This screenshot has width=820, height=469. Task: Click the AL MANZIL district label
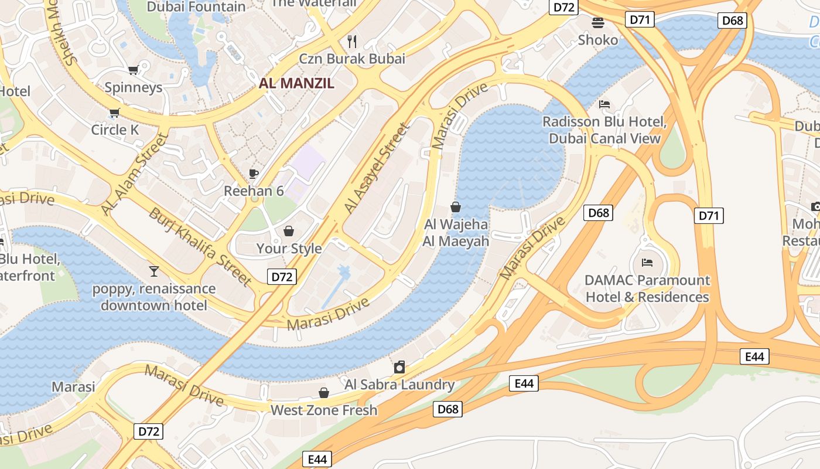pyautogui.click(x=296, y=83)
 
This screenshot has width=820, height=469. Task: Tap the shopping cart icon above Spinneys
pyautogui.click(x=133, y=70)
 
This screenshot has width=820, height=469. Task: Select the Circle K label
pyautogui.click(x=115, y=130)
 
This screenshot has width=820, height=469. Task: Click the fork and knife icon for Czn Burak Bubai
pyautogui.click(x=352, y=41)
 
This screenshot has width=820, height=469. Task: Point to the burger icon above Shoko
pyautogui.click(x=598, y=23)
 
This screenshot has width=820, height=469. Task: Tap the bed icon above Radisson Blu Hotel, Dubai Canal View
pyautogui.click(x=604, y=104)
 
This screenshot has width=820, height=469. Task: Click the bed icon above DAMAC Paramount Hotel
pyautogui.click(x=647, y=262)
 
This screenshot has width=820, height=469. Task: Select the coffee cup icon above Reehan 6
pyautogui.click(x=254, y=174)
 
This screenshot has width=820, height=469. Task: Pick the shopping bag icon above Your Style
pyautogui.click(x=289, y=231)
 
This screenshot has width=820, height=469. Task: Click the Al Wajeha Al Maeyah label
pyautogui.click(x=456, y=232)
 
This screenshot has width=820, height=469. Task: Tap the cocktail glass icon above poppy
pyautogui.click(x=153, y=271)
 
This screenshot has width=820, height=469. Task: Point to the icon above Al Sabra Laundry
pyautogui.click(x=399, y=367)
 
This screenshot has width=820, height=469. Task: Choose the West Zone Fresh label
pyautogui.click(x=323, y=410)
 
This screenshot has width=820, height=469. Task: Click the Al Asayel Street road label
pyautogui.click(x=375, y=168)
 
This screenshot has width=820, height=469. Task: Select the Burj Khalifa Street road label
pyautogui.click(x=200, y=247)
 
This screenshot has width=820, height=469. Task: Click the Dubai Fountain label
pyautogui.click(x=196, y=7)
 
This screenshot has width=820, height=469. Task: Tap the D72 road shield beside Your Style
pyautogui.click(x=282, y=277)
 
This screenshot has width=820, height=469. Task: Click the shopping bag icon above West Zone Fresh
pyautogui.click(x=324, y=393)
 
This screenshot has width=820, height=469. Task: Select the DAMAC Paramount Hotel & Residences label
pyautogui.click(x=647, y=288)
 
